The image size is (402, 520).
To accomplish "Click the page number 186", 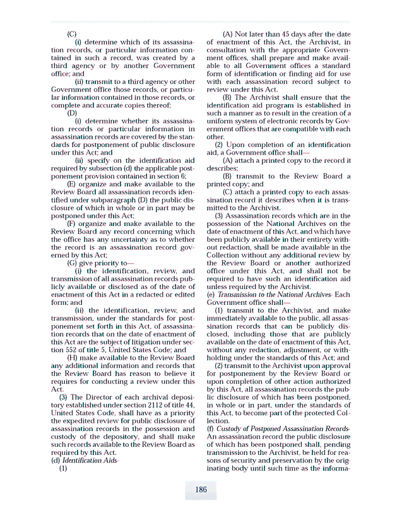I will click(x=201, y=490).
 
